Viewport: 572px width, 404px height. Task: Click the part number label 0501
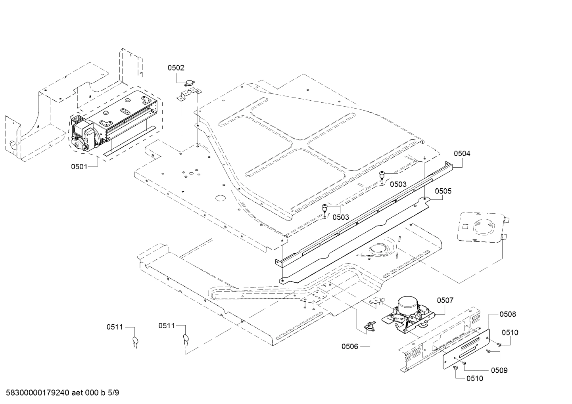pos(79,167)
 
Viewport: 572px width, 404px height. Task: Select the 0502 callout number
pos(176,68)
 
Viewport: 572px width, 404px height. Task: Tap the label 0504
pos(462,153)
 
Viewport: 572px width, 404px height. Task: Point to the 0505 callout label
pos(443,191)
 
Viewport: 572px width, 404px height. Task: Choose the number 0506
pos(350,347)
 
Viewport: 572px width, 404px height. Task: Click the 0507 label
pos(445,301)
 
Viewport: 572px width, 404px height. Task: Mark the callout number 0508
pos(508,314)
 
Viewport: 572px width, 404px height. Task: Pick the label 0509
pos(499,370)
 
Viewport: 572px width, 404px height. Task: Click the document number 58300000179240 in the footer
pos(36,393)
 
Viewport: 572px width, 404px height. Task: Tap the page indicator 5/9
pos(113,393)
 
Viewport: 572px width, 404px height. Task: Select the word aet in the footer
pos(77,393)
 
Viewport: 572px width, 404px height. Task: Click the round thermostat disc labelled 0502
pos(190,83)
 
